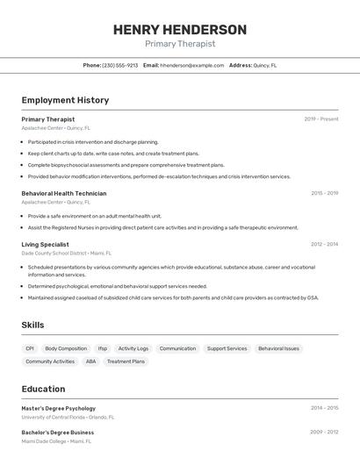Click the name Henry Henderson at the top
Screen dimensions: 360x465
(x=180, y=30)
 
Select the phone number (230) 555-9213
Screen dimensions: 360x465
(x=120, y=65)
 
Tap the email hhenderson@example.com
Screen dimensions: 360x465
(x=192, y=65)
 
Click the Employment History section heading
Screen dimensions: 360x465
(x=65, y=100)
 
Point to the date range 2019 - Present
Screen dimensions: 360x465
(x=321, y=118)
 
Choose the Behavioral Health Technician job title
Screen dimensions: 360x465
(x=64, y=193)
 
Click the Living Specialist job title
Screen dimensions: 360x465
(x=45, y=245)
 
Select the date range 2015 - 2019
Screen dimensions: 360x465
(x=324, y=193)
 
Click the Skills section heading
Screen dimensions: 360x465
(x=32, y=325)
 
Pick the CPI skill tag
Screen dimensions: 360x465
(x=30, y=348)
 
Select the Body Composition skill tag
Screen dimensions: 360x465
(x=66, y=348)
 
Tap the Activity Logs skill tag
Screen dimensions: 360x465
(x=133, y=348)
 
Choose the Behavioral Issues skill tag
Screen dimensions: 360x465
(x=278, y=348)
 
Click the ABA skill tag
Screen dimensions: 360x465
(x=90, y=361)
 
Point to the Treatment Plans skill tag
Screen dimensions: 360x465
(x=126, y=361)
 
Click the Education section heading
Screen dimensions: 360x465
(x=43, y=389)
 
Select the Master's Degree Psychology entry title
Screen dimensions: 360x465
(x=59, y=408)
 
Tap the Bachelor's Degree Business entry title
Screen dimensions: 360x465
(x=58, y=433)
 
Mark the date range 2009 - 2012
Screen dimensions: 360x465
(x=324, y=433)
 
